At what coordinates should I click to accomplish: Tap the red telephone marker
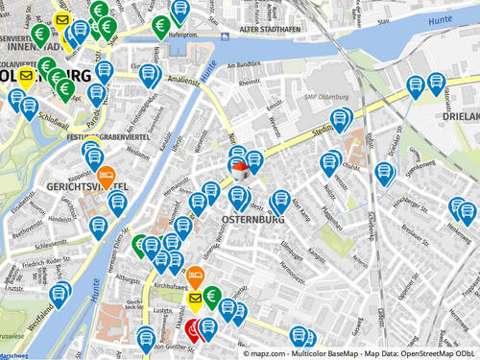195,329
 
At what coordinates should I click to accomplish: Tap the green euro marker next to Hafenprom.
161,26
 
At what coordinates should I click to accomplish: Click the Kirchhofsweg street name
171,286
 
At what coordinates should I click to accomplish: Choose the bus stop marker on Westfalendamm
59,294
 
